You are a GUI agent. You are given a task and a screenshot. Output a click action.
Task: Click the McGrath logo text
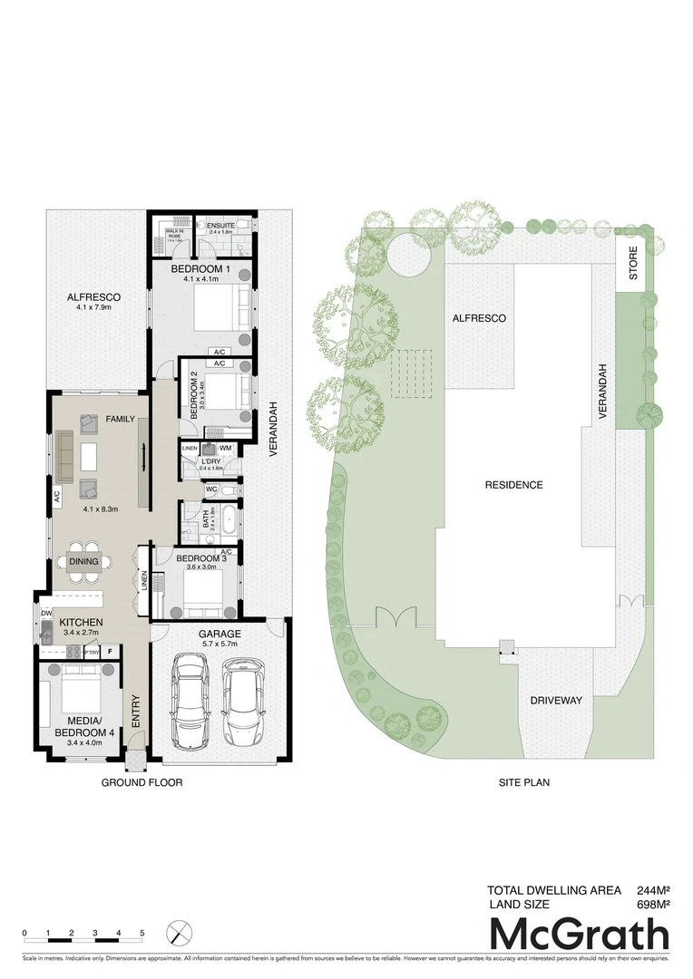coord(581,935)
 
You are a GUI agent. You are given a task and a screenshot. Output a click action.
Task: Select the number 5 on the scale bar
coord(142,932)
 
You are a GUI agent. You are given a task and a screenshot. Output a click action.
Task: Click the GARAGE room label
coord(219,633)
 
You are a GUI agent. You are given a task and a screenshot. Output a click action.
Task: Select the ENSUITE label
coord(220,225)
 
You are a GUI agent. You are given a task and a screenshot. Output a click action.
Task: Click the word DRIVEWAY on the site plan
coord(556,701)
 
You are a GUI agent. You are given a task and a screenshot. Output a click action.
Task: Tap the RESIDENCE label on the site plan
coord(513,485)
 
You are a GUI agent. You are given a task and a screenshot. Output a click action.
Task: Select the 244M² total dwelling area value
coord(650,889)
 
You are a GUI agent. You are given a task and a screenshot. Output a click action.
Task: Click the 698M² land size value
coord(650,904)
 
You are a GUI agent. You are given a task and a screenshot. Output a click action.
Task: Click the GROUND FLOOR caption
coord(142,782)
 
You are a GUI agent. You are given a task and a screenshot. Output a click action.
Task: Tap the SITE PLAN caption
coord(524,782)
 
